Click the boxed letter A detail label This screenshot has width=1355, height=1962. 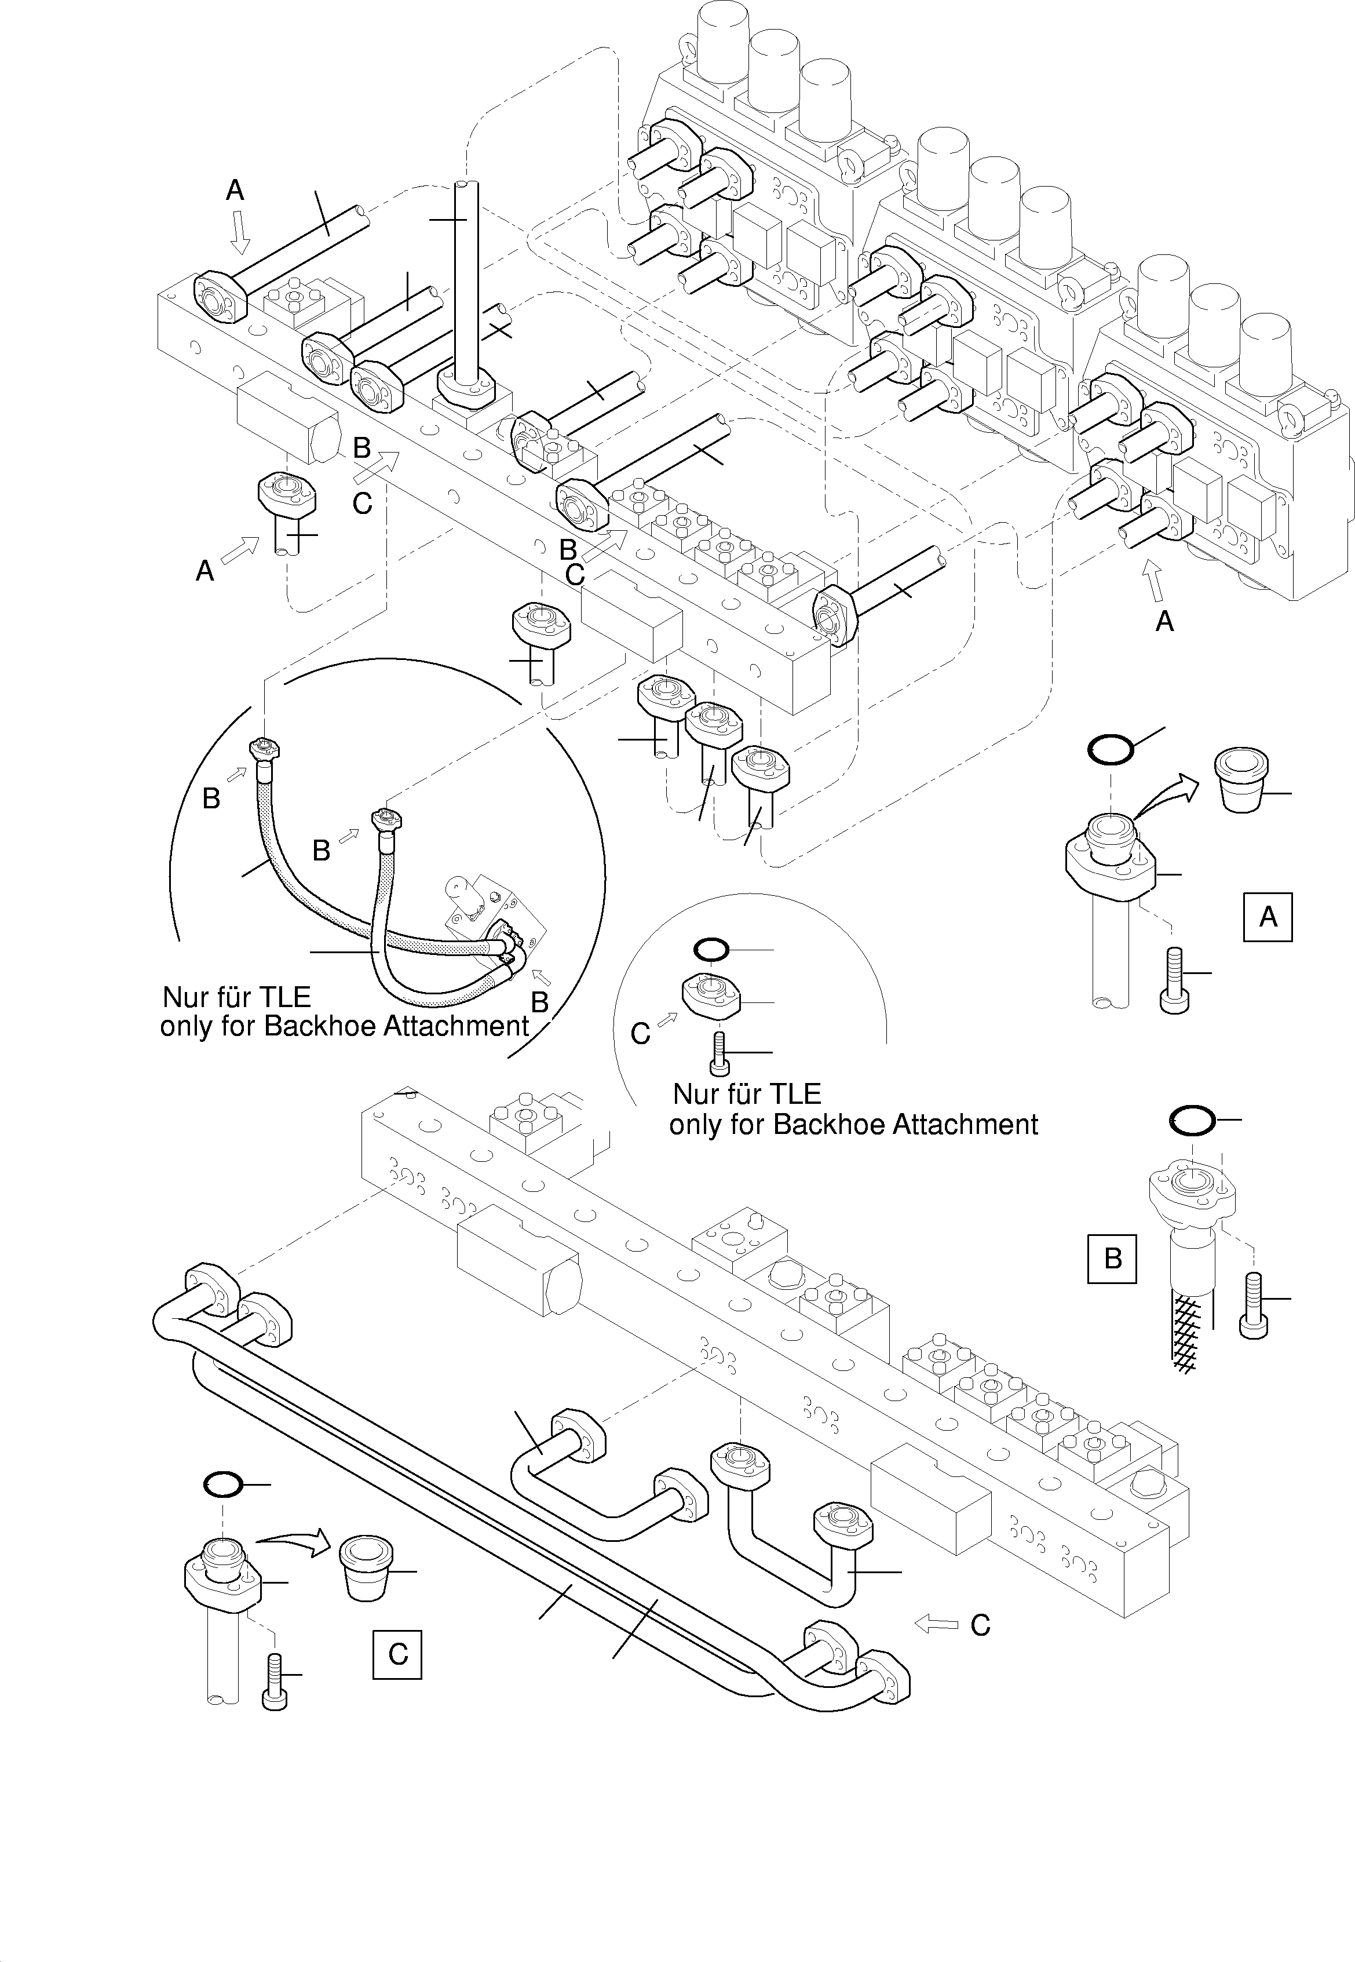(1268, 917)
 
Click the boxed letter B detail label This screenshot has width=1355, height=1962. (1112, 1257)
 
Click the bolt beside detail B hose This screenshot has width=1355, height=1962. (1253, 1305)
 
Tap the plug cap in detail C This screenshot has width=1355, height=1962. (366, 1566)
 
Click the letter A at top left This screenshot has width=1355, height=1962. (235, 191)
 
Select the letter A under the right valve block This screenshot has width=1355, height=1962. (1165, 622)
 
